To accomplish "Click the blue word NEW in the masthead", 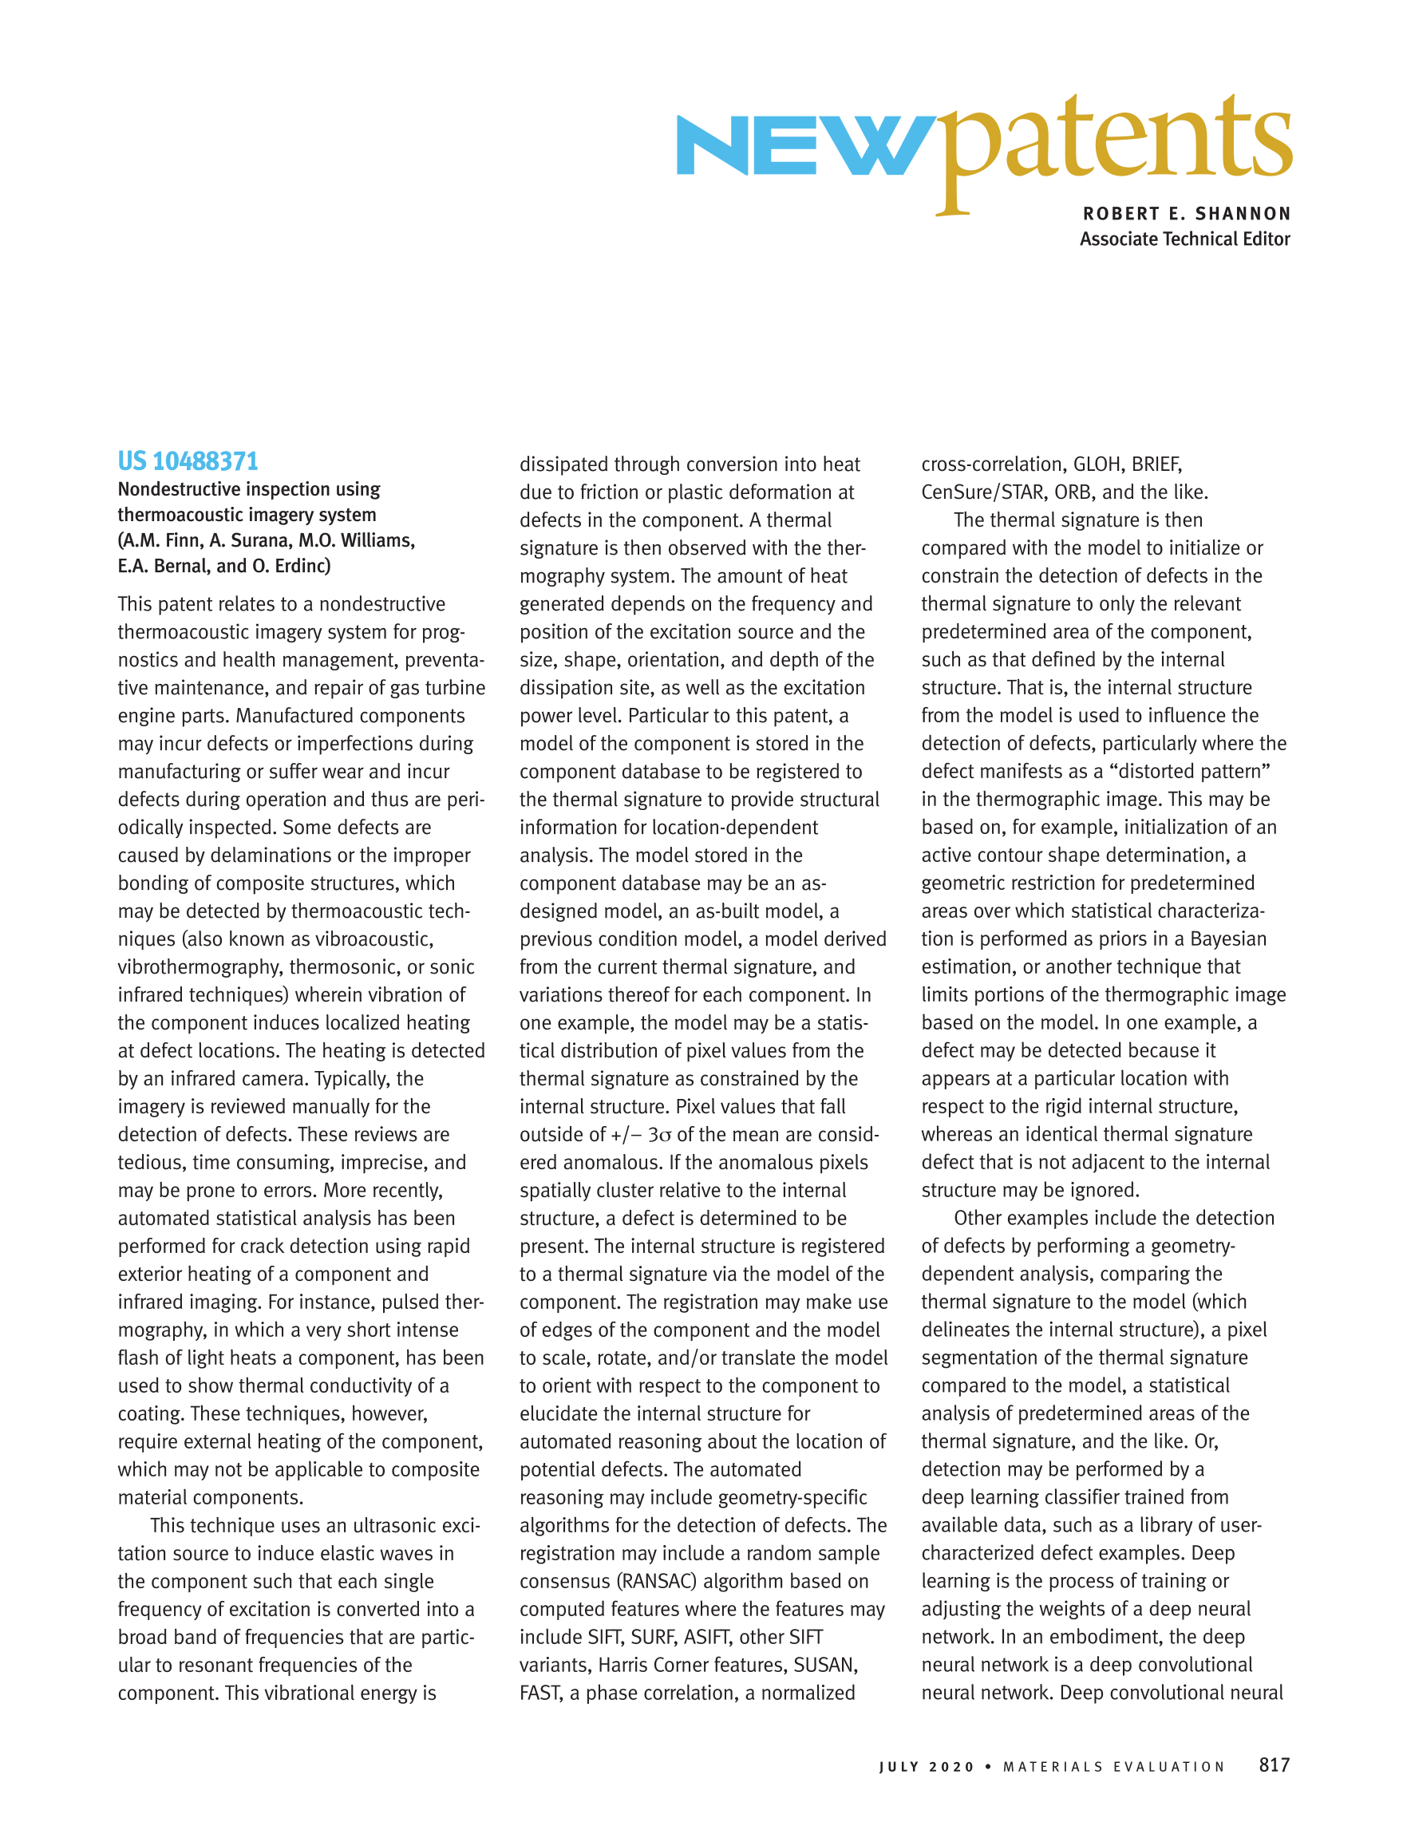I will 800,146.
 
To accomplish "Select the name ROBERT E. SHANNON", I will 1186,214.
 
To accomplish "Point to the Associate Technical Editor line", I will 1184,239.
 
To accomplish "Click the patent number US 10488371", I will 188,461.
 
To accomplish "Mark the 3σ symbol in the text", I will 660,1136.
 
